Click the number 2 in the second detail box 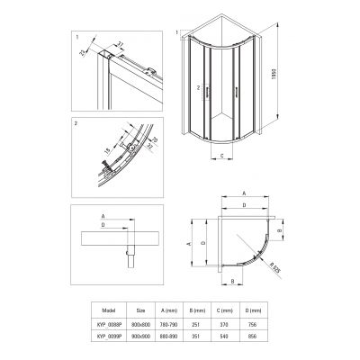click(78, 121)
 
